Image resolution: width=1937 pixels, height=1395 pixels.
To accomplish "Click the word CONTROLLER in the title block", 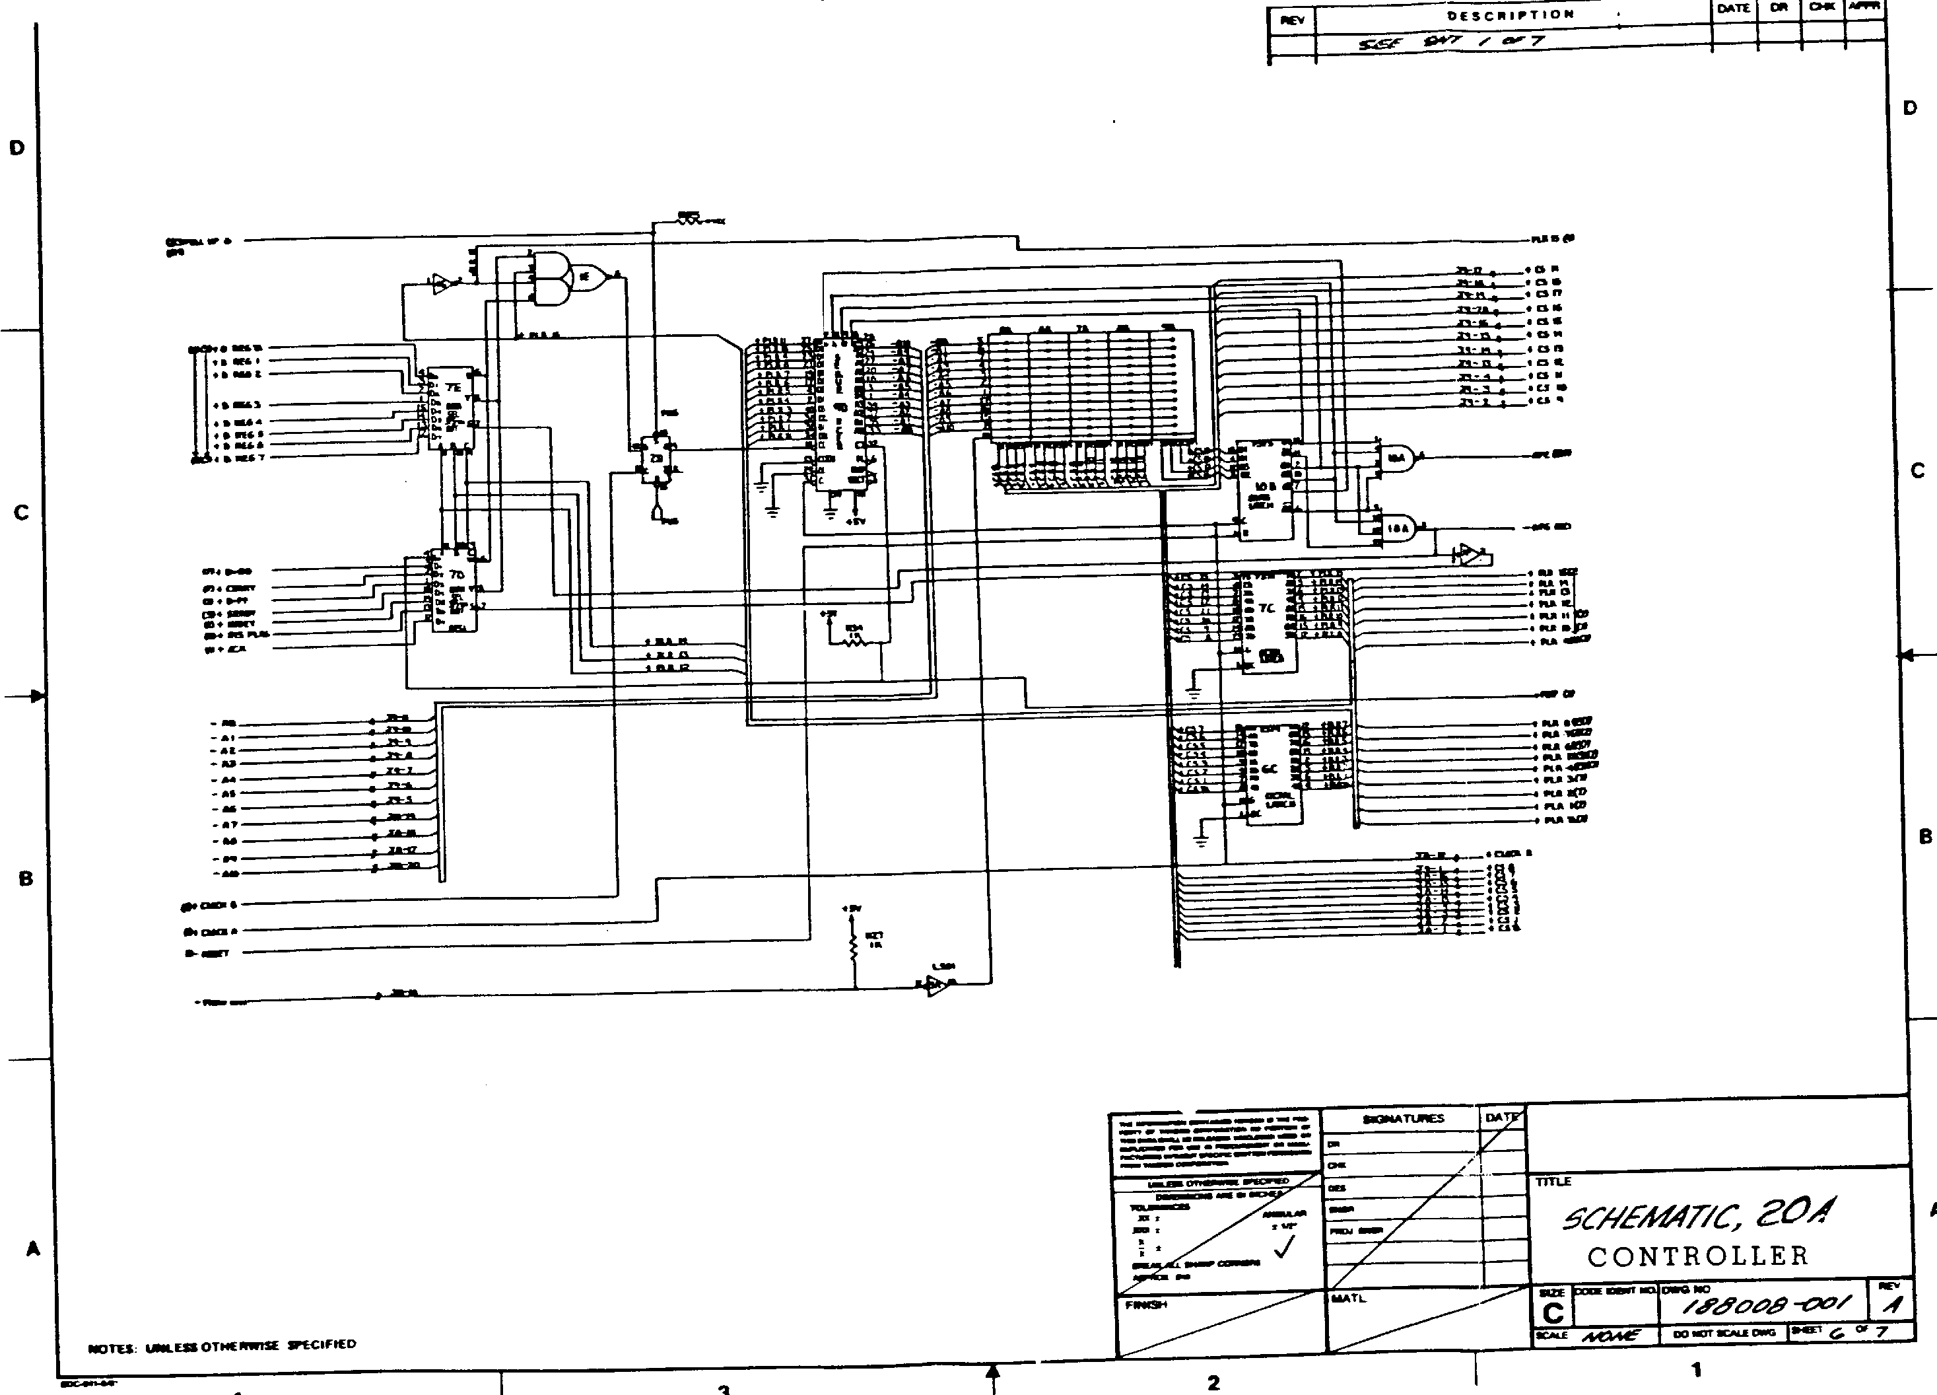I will point(1698,1256).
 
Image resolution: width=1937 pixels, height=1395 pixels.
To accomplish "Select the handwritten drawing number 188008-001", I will point(1766,1304).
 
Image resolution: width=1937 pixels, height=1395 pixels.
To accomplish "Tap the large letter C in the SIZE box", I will point(1553,1313).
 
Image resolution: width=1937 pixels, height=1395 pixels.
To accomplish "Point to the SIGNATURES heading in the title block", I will point(1403,1118).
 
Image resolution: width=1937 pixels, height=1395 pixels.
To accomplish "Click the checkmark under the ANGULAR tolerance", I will point(1283,1249).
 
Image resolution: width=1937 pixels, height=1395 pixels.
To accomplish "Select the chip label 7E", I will point(454,387).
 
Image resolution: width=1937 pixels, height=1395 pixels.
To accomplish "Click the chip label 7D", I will point(456,575).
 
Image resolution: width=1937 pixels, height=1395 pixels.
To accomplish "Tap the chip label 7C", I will point(1266,608).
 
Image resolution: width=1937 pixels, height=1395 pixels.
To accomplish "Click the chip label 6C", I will point(1269,768).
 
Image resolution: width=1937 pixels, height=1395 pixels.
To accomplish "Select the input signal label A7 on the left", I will point(227,825).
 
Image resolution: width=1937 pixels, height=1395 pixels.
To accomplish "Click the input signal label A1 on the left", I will point(226,737).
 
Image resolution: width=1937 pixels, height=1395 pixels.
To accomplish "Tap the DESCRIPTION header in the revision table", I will point(1510,15).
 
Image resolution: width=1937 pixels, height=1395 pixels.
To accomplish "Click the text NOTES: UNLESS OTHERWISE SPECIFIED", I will point(222,1347).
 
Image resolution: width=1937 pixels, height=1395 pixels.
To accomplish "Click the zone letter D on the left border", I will point(17,148).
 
